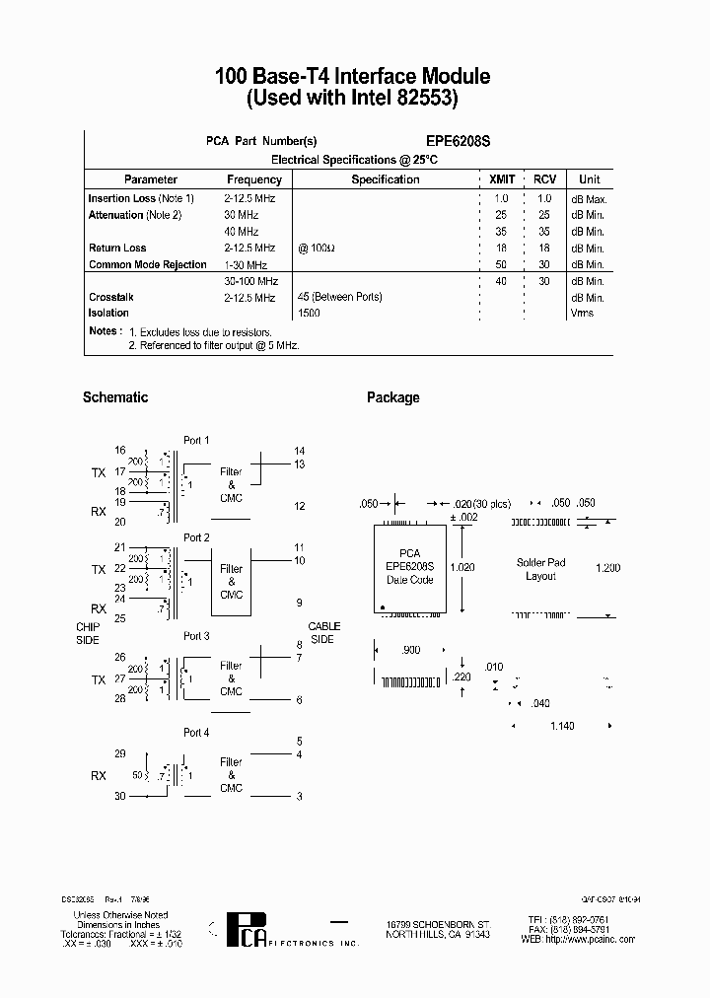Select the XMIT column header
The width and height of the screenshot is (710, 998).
(x=502, y=179)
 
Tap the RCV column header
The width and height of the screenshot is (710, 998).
(x=544, y=179)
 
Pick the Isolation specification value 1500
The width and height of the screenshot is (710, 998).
(x=309, y=314)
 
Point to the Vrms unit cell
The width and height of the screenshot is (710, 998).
(x=583, y=314)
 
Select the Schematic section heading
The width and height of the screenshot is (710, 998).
(x=115, y=397)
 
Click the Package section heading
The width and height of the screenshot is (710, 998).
(x=392, y=397)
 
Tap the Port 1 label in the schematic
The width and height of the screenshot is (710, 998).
(x=196, y=441)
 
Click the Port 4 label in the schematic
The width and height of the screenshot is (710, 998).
(x=196, y=733)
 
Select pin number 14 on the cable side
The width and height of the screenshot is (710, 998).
(x=299, y=451)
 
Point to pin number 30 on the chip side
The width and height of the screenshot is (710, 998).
(x=120, y=795)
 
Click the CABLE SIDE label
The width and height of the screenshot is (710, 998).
(x=323, y=633)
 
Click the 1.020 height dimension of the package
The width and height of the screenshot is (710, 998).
(x=462, y=567)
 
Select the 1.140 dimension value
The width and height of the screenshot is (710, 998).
(x=562, y=726)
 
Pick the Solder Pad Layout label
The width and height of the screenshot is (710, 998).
(x=541, y=570)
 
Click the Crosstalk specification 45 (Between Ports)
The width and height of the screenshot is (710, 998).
(x=339, y=297)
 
